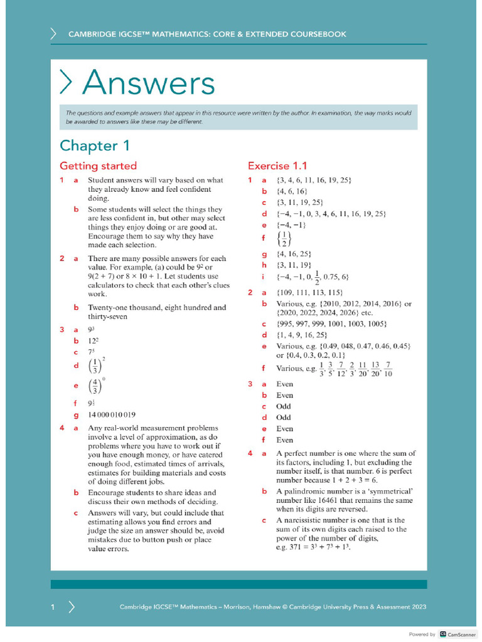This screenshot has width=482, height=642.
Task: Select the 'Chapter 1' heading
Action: coord(95,145)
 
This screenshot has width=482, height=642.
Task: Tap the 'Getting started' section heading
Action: coord(98,166)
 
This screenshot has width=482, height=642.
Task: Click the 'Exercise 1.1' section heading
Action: coord(277,166)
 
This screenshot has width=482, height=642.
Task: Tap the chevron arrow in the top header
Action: coord(54,34)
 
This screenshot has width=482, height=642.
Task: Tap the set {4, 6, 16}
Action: coord(292,191)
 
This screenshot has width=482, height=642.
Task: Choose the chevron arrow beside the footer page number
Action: coord(72,607)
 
